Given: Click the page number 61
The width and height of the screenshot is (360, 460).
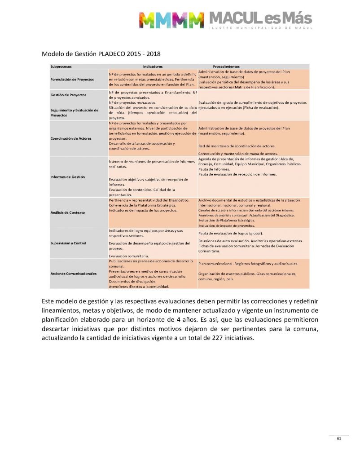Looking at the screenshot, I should point(339,438).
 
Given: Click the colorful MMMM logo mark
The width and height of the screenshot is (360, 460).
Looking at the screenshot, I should point(171,20).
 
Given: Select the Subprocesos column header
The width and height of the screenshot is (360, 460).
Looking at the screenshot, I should point(64,66).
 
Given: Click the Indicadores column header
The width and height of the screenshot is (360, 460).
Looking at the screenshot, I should point(152,66).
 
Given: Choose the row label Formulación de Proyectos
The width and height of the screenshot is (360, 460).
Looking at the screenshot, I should point(72,79).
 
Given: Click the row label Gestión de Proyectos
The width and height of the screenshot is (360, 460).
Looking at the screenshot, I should point(68,95).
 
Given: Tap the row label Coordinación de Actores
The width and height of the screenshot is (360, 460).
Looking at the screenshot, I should point(71,138).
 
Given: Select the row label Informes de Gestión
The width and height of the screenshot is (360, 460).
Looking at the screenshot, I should point(67,177).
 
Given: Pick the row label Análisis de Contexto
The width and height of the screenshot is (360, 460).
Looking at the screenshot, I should point(68,212).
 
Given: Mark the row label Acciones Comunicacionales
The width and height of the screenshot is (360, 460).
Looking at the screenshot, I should point(74,273).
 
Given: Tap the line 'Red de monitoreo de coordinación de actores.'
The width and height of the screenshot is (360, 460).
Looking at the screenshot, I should point(237,146).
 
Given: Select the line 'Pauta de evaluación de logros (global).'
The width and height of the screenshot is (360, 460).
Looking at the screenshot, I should point(231,233).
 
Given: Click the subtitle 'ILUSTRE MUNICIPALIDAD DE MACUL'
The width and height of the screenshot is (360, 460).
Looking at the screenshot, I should point(260,28).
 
